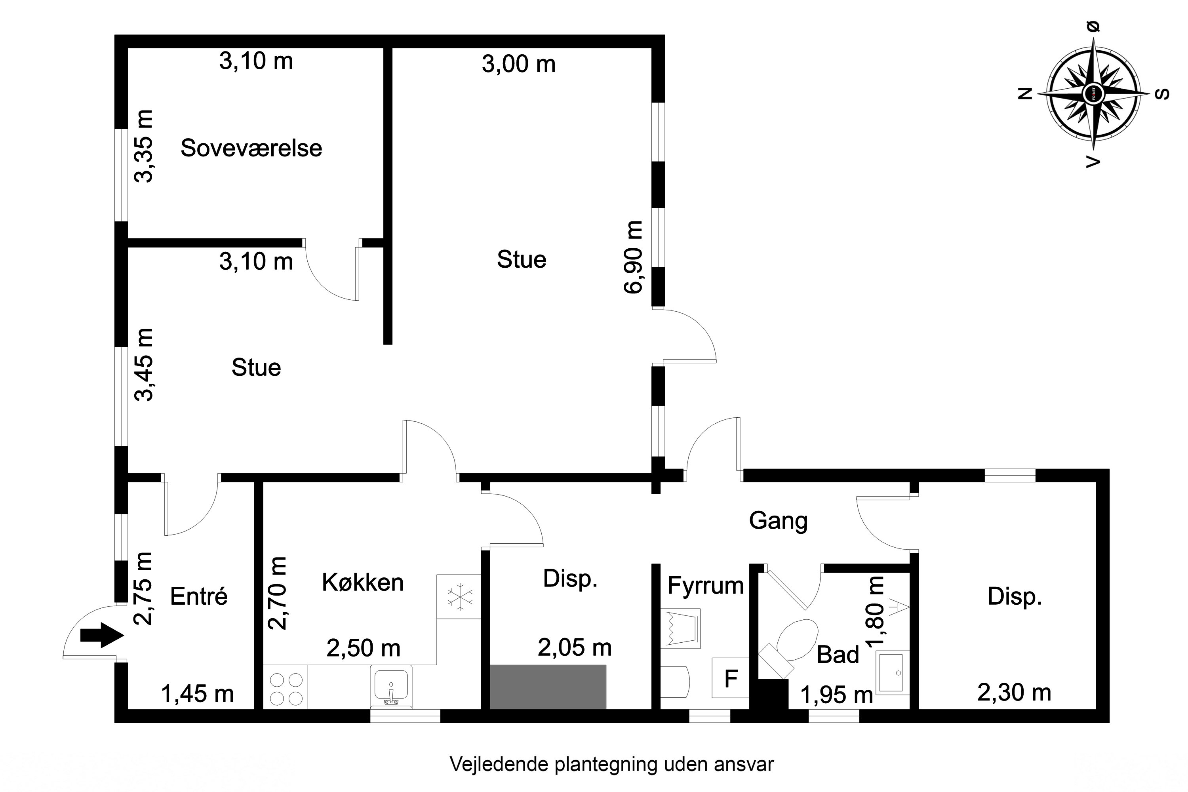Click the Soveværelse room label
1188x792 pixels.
(251, 148)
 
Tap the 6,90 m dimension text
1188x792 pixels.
(633, 257)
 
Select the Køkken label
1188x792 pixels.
(363, 583)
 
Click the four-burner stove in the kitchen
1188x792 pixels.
(286, 689)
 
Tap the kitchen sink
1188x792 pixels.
(391, 686)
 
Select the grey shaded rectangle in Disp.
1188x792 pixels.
(548, 687)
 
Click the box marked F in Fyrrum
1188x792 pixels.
(730, 678)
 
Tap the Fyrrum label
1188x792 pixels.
(706, 585)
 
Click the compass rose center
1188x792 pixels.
(1093, 93)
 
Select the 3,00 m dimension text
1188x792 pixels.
(518, 64)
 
